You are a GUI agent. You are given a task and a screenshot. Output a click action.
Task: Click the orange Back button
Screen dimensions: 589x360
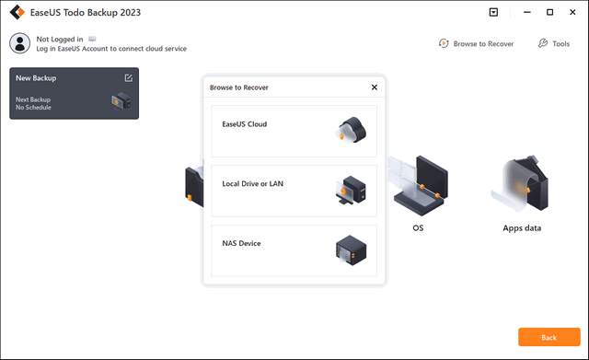pos(549,338)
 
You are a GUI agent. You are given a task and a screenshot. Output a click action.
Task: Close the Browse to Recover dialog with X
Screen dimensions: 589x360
pos(374,87)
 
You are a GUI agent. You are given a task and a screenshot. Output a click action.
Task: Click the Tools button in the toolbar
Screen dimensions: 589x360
pos(554,43)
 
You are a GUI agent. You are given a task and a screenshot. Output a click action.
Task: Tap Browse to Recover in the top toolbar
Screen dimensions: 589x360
pos(477,43)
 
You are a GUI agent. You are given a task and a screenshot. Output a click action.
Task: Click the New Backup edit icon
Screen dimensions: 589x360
pos(128,78)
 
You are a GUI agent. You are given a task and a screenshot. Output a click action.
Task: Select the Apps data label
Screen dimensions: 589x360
pos(521,226)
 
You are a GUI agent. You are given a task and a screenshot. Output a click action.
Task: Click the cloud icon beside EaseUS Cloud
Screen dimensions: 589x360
pos(352,132)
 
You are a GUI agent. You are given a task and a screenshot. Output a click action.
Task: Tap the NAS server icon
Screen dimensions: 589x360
pos(352,250)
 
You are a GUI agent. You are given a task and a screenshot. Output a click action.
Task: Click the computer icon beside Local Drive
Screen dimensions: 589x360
pos(352,191)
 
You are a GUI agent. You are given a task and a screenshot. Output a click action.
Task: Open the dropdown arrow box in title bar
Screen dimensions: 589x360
pos(493,13)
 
